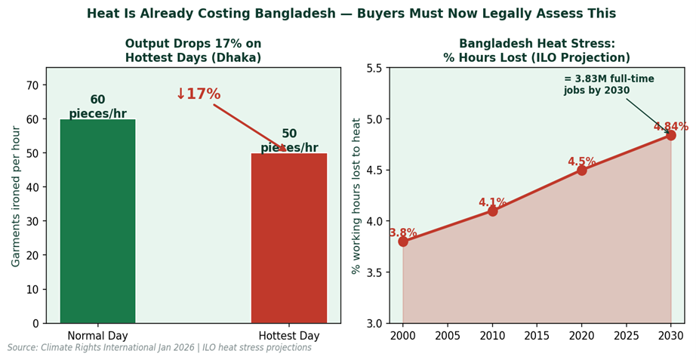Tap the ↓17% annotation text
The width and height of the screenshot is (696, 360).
(198, 94)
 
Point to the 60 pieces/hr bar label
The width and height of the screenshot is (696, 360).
(97, 106)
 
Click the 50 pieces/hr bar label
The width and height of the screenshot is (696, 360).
(289, 140)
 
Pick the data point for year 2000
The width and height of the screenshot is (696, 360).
(403, 242)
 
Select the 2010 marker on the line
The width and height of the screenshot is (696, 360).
(492, 211)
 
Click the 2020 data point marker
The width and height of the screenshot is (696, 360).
(581, 170)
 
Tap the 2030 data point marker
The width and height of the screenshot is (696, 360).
(670, 135)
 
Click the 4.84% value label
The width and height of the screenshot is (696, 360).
(670, 127)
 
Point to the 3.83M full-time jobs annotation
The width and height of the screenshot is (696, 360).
(608, 85)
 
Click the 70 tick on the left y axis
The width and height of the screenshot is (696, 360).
(33, 85)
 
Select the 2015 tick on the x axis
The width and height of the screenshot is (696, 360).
(537, 335)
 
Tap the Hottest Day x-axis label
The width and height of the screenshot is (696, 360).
(289, 336)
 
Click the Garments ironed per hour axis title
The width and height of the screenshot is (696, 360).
(17, 195)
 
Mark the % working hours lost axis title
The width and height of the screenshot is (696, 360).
(357, 195)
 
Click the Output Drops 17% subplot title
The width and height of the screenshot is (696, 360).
(193, 51)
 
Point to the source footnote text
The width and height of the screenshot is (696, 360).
(159, 348)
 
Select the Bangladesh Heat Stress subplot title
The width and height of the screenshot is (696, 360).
(537, 51)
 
